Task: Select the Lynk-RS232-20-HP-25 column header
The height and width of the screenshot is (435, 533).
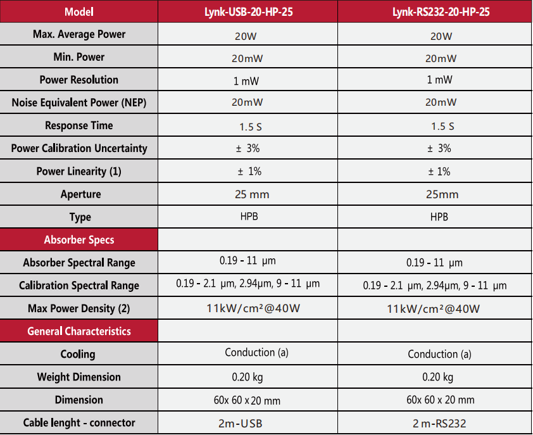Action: click(x=441, y=11)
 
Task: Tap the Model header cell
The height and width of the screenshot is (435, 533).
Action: click(x=79, y=11)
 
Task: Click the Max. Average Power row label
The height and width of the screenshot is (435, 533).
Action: click(x=79, y=34)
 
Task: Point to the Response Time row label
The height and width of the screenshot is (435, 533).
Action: click(x=79, y=125)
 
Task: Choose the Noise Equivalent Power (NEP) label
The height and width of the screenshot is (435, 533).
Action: click(x=79, y=103)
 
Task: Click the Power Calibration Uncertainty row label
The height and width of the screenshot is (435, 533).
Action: click(x=79, y=148)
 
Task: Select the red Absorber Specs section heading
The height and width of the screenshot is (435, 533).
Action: click(x=79, y=240)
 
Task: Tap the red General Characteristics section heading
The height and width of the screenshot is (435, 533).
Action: click(x=79, y=331)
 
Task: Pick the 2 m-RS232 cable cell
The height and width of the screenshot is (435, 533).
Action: click(x=441, y=424)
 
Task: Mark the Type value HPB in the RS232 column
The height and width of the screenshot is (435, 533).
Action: click(x=439, y=217)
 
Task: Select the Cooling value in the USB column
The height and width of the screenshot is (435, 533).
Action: click(x=256, y=353)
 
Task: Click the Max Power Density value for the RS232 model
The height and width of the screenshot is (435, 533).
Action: click(x=434, y=309)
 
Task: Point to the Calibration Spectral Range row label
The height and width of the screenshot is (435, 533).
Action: click(x=79, y=286)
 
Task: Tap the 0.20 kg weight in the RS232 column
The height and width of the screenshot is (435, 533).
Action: click(x=438, y=377)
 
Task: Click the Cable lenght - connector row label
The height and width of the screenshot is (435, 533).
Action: click(x=79, y=422)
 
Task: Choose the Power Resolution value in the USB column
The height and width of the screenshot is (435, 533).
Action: click(x=246, y=81)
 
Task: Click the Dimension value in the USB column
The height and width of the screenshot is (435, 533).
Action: click(x=247, y=400)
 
